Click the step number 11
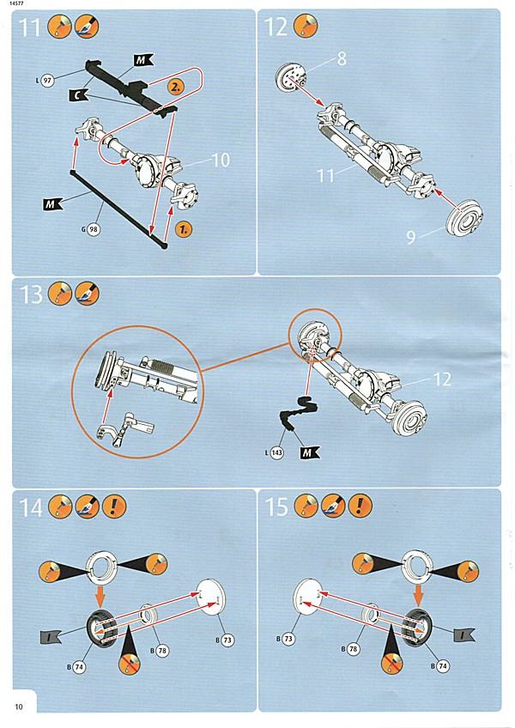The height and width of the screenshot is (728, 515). [31, 27]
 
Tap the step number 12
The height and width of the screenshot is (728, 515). [276, 27]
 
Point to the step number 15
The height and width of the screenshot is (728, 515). [276, 507]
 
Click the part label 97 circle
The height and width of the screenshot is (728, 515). [47, 80]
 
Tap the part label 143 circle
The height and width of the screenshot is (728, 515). [276, 453]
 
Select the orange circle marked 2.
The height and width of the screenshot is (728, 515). [174, 87]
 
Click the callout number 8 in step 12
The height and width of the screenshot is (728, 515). [342, 60]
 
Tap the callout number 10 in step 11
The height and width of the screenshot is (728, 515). [221, 160]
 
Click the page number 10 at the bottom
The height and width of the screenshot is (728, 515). [18, 706]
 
